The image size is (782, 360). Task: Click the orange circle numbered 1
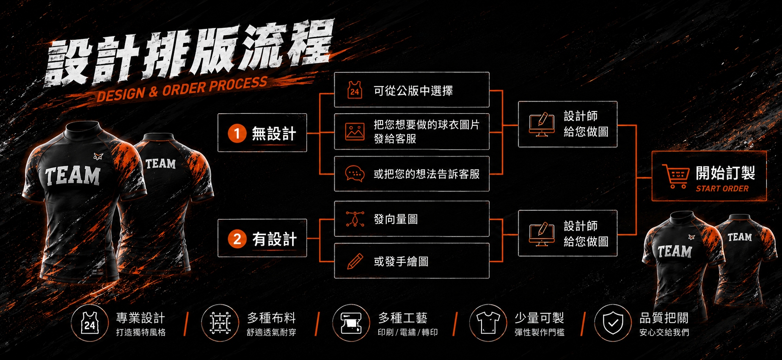[x=237, y=133]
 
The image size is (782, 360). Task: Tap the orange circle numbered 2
[x=237, y=239]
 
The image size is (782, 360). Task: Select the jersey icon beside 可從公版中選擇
[x=355, y=90]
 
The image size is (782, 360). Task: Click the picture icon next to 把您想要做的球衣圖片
[x=355, y=132]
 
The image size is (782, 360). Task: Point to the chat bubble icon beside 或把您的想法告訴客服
[x=355, y=173]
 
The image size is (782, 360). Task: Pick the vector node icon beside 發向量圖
[x=355, y=219]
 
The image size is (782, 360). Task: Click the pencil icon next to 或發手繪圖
[x=355, y=261]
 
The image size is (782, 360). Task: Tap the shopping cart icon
[x=675, y=176]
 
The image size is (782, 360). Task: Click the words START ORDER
[x=722, y=189]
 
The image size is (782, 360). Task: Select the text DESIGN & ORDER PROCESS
[x=182, y=89]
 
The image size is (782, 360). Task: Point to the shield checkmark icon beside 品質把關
[x=613, y=323]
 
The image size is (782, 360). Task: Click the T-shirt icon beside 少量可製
[x=488, y=323]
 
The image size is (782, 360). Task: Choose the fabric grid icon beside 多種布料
[x=220, y=323]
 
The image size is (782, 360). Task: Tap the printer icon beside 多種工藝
[x=351, y=323]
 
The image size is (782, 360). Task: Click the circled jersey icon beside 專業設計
[x=89, y=323]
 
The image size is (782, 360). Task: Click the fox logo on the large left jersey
[x=98, y=157]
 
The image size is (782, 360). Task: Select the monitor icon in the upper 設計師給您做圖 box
[x=542, y=124]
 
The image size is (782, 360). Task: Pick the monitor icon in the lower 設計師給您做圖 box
[x=542, y=234]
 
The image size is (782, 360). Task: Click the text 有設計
[x=275, y=239]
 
